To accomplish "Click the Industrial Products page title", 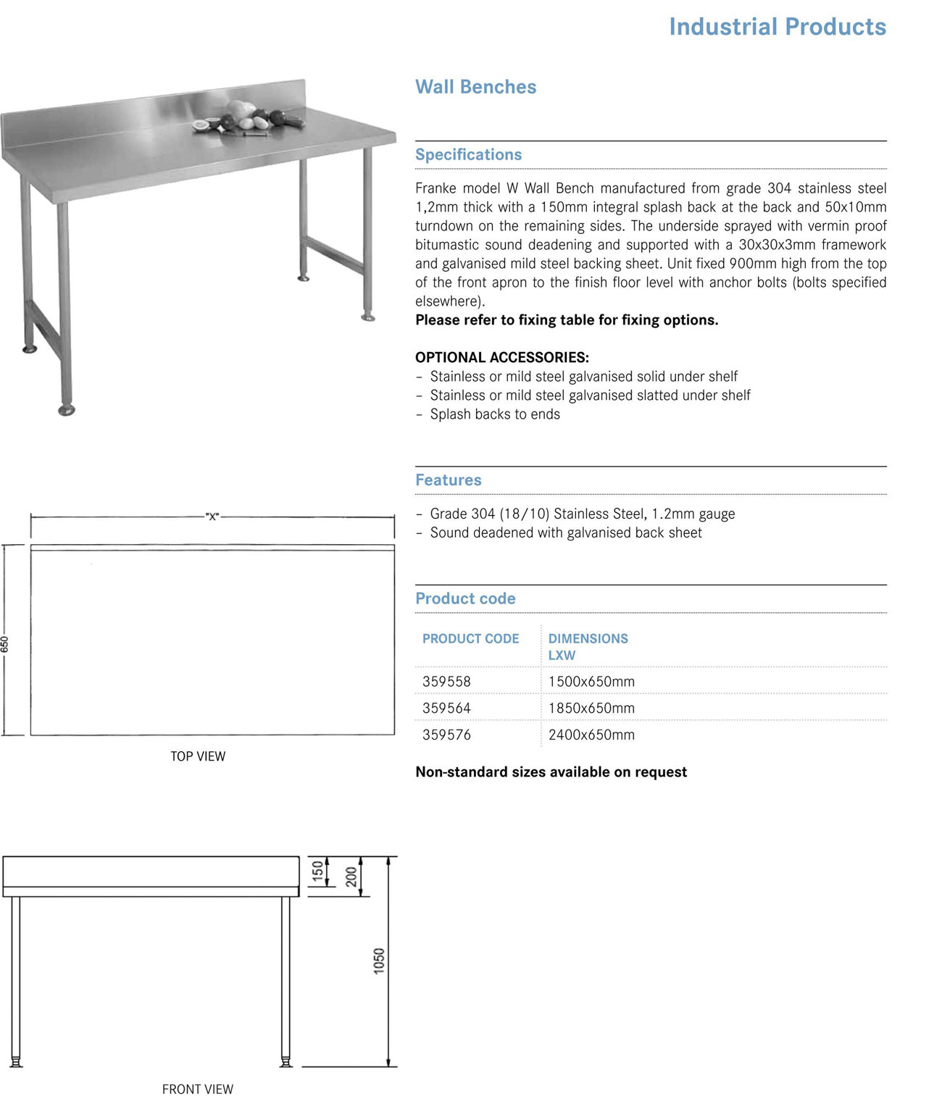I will pyautogui.click(x=777, y=27).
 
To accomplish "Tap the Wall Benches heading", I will pyautogui.click(x=475, y=87).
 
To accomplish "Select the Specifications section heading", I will pyautogui.click(x=468, y=154).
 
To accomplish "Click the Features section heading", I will pyautogui.click(x=448, y=480).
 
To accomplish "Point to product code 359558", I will pyautogui.click(x=446, y=682).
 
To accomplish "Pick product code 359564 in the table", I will pyautogui.click(x=446, y=708).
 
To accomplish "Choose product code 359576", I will pyautogui.click(x=446, y=735).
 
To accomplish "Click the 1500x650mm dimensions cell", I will pyautogui.click(x=591, y=682).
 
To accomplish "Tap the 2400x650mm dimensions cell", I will pyautogui.click(x=591, y=735).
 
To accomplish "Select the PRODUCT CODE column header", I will pyautogui.click(x=470, y=639).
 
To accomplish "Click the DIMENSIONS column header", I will pyautogui.click(x=588, y=639).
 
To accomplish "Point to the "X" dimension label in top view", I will pyautogui.click(x=212, y=517).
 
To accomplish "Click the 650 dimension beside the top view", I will pyautogui.click(x=5, y=644).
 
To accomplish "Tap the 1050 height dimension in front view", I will pyautogui.click(x=379, y=961).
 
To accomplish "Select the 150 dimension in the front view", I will pyautogui.click(x=317, y=871).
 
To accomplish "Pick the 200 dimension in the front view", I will pyautogui.click(x=351, y=876).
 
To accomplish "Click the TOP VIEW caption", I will pyautogui.click(x=198, y=756).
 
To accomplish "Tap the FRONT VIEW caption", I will pyautogui.click(x=197, y=1089).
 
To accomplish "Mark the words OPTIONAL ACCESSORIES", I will pyautogui.click(x=501, y=357).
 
